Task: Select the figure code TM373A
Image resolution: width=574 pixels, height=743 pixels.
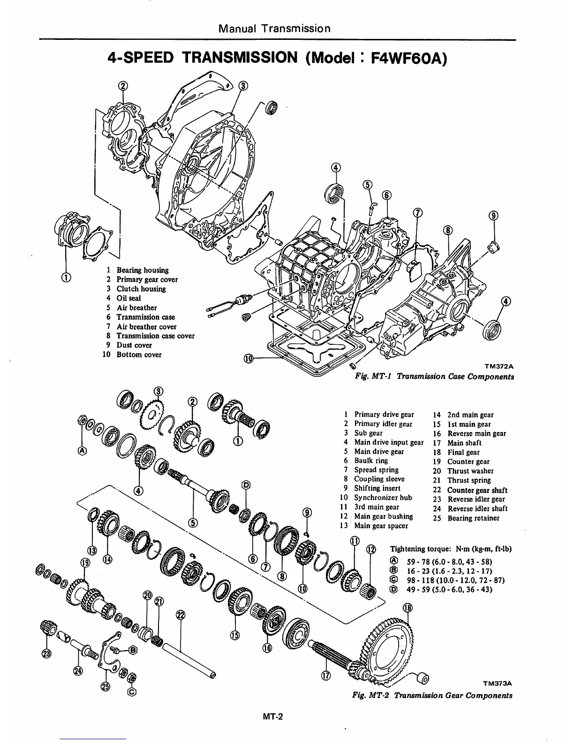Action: (497, 684)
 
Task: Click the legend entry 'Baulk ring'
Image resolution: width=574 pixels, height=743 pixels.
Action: (371, 461)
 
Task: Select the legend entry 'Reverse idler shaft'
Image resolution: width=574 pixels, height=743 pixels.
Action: (477, 508)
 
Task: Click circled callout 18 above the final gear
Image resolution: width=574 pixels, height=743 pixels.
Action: (408, 608)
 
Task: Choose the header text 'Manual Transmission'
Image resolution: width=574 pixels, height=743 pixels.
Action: (274, 28)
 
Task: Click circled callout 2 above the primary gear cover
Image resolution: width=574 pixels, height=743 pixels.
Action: (123, 85)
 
